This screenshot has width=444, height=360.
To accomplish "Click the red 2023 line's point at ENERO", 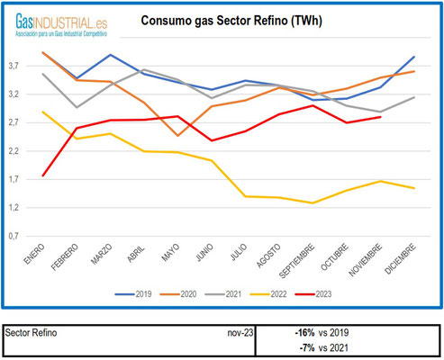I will [x=43, y=175].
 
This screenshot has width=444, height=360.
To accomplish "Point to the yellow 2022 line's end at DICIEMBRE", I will [x=413, y=188].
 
